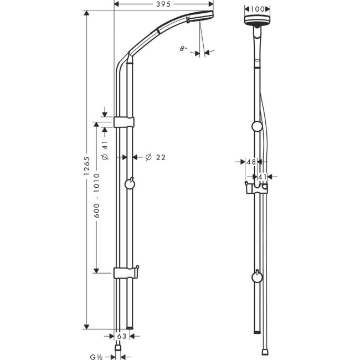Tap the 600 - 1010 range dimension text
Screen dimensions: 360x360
coord(96,198)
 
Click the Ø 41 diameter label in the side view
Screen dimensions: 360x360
coord(105,150)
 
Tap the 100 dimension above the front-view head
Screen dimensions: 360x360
coord(256,9)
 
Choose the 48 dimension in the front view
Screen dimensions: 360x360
coord(251,162)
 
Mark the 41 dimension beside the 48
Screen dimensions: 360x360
coord(263,177)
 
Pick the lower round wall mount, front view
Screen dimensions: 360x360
coord(256,277)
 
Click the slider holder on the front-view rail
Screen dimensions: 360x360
coord(256,189)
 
